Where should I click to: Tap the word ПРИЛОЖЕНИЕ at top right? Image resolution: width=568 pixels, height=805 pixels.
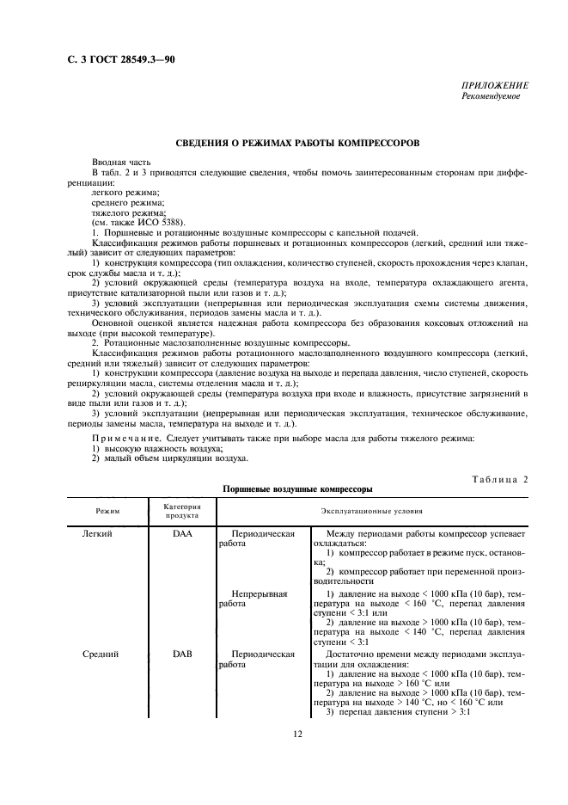(495, 86)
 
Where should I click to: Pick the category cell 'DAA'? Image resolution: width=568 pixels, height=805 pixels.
(182, 534)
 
